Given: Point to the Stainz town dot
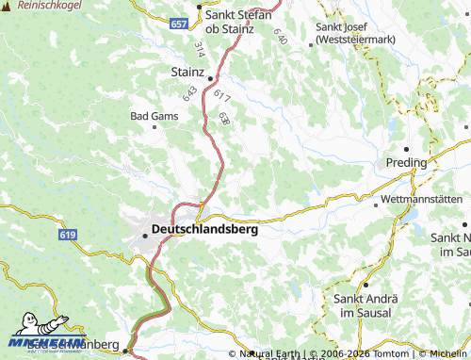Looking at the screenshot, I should click(x=211, y=78).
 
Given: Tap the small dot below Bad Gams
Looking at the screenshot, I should click(x=154, y=126).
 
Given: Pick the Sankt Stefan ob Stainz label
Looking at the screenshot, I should click(x=239, y=21).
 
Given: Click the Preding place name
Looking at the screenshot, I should click(x=406, y=163).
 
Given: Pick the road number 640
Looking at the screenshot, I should click(x=280, y=36).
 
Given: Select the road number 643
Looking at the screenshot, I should click(x=191, y=94).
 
